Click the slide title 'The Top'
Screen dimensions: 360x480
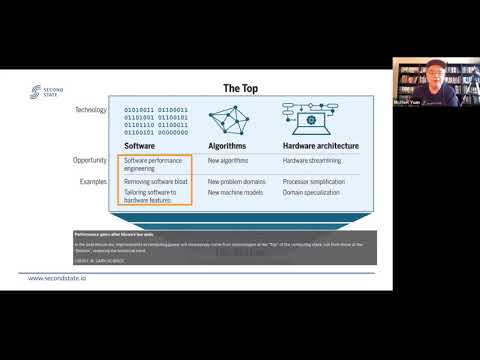coord(239,87)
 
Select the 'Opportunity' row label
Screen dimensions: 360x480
coord(89,160)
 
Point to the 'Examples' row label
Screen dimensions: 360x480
coord(93,182)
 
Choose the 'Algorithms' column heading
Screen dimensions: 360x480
coord(230,145)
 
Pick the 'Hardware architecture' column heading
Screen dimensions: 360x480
coord(324,145)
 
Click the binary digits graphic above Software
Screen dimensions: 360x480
coord(155,116)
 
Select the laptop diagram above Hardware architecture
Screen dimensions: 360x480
coord(320,117)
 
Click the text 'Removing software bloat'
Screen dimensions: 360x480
coord(157,183)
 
